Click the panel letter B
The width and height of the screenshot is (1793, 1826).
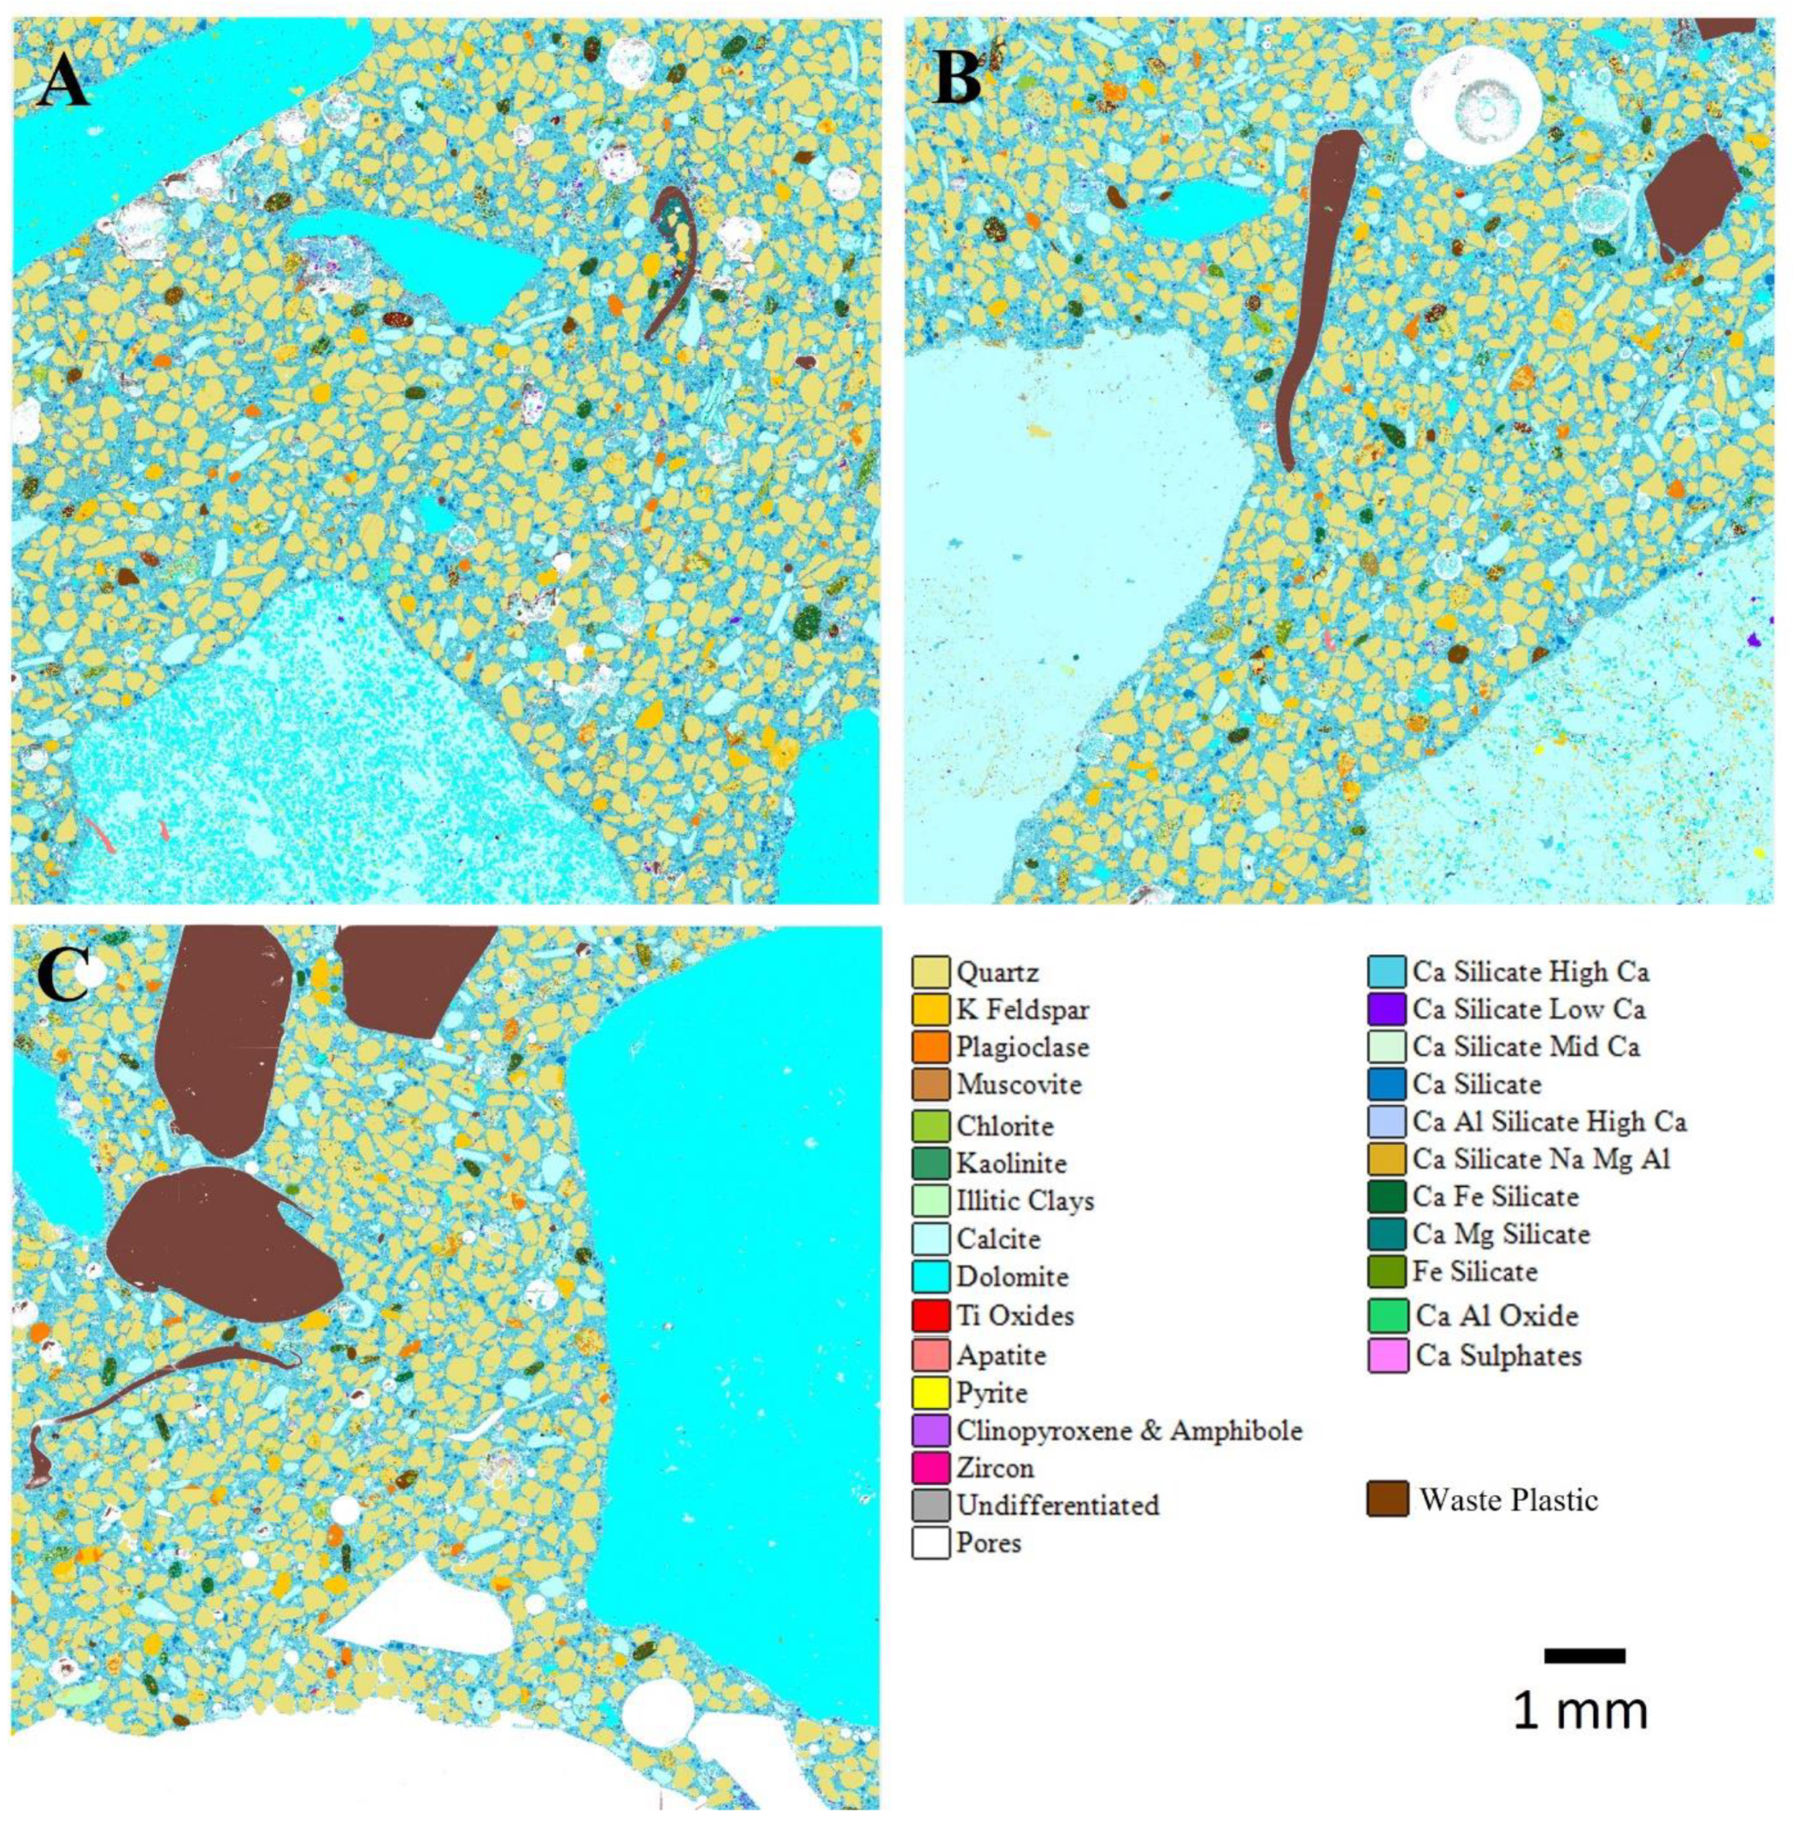click(958, 75)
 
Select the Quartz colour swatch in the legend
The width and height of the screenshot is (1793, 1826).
click(930, 971)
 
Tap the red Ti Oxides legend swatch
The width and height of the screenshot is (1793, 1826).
click(930, 1315)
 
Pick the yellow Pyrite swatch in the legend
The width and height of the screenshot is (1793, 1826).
click(930, 1391)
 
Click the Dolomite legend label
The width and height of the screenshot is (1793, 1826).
click(1013, 1277)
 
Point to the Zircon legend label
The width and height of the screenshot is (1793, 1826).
click(996, 1467)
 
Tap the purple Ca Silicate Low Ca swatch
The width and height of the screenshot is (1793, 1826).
click(1387, 1008)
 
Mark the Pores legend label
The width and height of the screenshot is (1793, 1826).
click(989, 1542)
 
